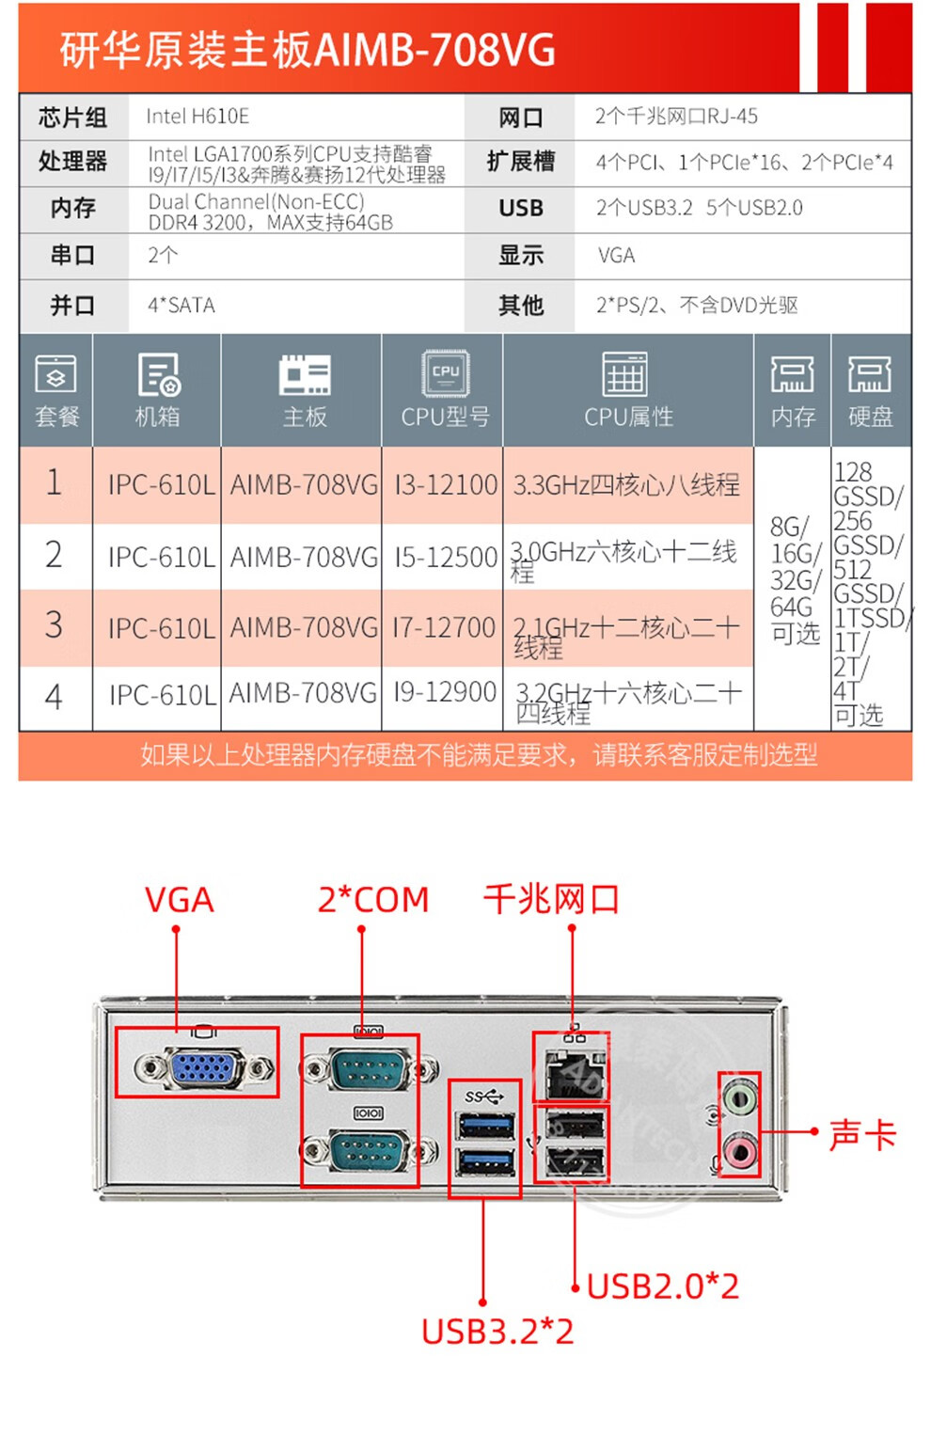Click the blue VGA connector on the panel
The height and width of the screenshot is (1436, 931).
(x=203, y=1067)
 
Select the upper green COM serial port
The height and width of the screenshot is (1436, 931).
(x=368, y=1068)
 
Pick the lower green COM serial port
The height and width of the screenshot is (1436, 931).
(x=368, y=1149)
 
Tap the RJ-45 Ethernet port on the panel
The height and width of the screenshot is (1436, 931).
(x=570, y=1073)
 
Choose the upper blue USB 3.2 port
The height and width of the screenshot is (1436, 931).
(x=484, y=1125)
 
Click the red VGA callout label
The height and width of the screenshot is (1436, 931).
(x=179, y=900)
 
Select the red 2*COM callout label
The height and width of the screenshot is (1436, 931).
(x=372, y=900)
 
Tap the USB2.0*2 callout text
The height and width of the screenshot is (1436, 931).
(x=663, y=1286)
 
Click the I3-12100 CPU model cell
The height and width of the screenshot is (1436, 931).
(x=445, y=484)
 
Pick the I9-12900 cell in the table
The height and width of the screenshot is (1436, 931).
(x=445, y=693)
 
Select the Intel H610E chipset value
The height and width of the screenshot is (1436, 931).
(x=197, y=117)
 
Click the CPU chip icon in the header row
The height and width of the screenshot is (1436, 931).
(x=445, y=372)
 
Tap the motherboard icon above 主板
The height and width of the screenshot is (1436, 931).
(x=304, y=374)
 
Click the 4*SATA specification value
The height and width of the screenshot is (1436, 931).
(x=181, y=306)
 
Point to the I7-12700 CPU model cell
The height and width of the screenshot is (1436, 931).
(x=444, y=627)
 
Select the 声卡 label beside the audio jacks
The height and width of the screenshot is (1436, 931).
(x=861, y=1134)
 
